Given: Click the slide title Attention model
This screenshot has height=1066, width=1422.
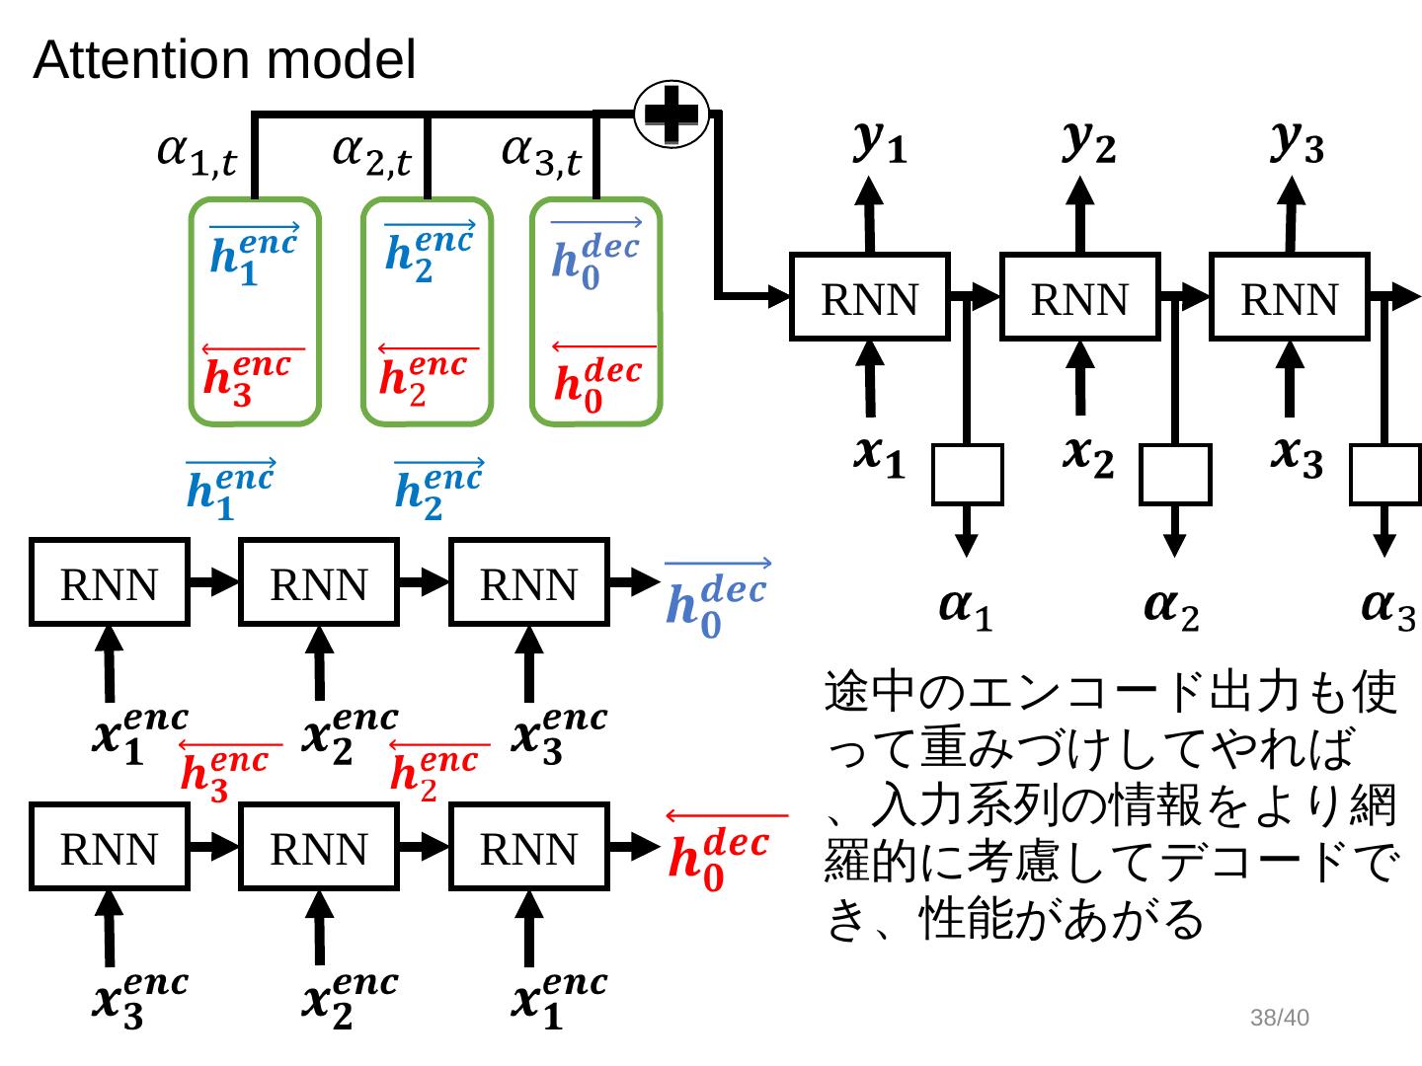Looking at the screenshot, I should [x=224, y=60].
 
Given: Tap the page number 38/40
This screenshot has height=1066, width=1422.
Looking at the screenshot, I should [x=1279, y=1018].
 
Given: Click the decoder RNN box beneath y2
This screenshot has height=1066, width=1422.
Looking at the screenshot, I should [x=1079, y=297].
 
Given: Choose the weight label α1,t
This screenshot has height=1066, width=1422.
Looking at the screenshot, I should [x=197, y=155].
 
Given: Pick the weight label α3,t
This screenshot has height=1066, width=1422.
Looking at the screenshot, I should [x=541, y=155].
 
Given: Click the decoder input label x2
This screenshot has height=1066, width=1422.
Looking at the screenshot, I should [x=1087, y=455].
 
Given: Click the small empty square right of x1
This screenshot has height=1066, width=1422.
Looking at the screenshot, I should [x=968, y=475].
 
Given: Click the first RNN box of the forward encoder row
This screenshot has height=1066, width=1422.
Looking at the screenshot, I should [x=110, y=582].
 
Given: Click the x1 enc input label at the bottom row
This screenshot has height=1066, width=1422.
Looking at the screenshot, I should [x=559, y=999].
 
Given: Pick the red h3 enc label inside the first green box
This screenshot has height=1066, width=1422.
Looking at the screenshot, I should [x=247, y=378].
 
